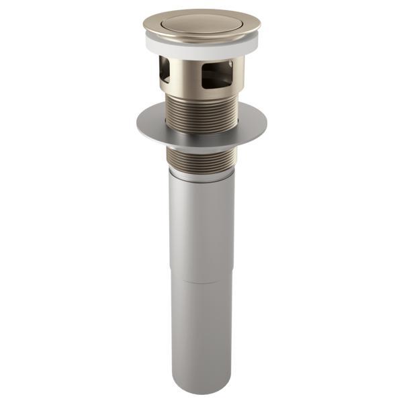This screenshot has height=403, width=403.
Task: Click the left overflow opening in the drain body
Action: click(x=165, y=70)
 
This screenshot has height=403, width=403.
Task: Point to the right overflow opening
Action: click(x=218, y=72)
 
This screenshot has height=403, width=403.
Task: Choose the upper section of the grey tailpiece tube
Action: click(x=201, y=228)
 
